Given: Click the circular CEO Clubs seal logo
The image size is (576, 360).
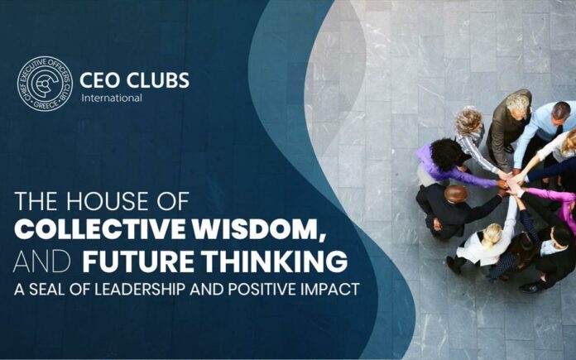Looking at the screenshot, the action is pos(45,84).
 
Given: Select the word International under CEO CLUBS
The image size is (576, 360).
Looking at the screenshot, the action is pos(112,98).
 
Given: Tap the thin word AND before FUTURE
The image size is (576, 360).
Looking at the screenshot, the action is pos(42,262).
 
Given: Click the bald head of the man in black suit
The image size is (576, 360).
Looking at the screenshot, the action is pos(456,193).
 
